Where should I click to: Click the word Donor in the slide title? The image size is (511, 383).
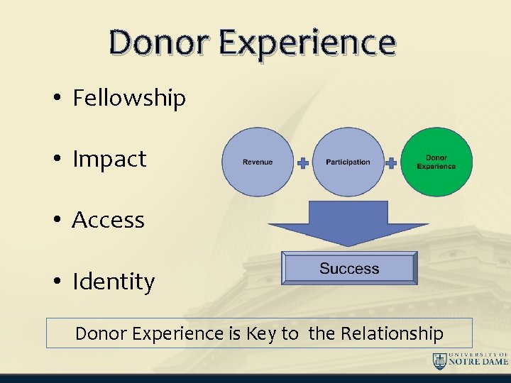click(x=160, y=43)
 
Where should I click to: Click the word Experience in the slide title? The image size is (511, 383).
click(x=307, y=44)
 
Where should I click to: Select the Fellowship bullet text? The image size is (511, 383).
click(x=129, y=98)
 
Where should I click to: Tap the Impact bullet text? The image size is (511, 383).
click(x=109, y=159)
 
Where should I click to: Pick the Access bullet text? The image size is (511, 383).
click(x=108, y=221)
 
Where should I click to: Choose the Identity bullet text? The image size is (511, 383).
click(x=114, y=282)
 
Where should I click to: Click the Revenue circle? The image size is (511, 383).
click(x=258, y=162)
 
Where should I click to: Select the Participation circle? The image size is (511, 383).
click(x=348, y=162)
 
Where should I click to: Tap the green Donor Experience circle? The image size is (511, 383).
click(x=436, y=162)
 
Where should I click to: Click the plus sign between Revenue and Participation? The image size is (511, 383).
click(x=303, y=163)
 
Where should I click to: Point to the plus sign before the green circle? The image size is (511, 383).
click(x=392, y=163)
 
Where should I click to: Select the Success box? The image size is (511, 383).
click(x=349, y=269)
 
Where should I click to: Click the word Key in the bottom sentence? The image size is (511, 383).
click(x=262, y=333)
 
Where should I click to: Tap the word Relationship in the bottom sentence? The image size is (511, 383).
click(x=392, y=333)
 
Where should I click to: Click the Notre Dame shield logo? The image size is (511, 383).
click(x=440, y=360)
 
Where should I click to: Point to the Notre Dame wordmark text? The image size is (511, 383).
click(x=479, y=360)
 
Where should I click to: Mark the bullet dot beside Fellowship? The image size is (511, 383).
click(x=56, y=99)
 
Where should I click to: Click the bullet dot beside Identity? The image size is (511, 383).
click(x=56, y=282)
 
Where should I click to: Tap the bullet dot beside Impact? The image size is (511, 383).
click(x=56, y=160)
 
